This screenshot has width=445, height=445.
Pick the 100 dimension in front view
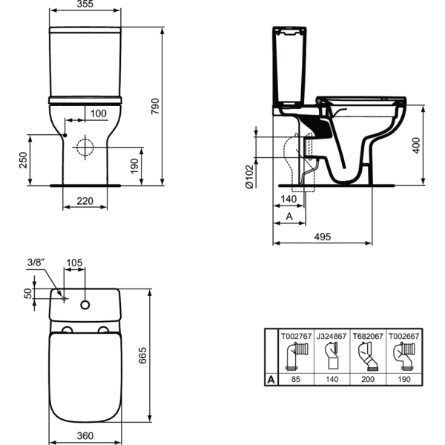tap(97, 113)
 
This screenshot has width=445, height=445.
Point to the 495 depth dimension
tap(321, 237)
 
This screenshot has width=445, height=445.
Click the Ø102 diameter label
tap(250, 177)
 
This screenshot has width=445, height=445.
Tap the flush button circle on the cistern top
tap(87, 303)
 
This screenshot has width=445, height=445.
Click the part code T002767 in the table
tap(295, 334)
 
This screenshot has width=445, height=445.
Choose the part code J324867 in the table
tap(330, 334)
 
